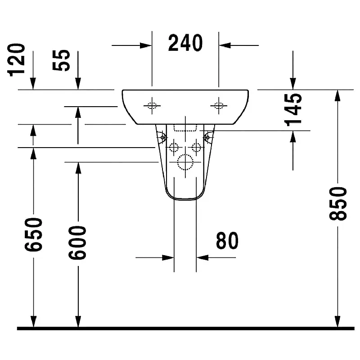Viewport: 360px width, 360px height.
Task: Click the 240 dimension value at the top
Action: [x=185, y=43]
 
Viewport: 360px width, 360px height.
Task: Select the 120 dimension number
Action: [x=16, y=60]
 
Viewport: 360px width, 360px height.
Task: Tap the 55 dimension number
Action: [x=61, y=60]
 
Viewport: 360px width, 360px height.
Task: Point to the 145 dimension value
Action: [x=293, y=109]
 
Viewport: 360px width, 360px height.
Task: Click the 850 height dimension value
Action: [x=338, y=204]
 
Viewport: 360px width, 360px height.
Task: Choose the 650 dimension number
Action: [x=33, y=234]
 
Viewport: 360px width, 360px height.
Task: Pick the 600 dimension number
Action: [x=77, y=243]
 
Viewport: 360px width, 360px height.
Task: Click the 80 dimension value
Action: [x=227, y=240]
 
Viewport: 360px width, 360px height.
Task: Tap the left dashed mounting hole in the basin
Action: [x=152, y=106]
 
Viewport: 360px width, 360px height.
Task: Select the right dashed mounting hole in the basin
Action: [x=219, y=106]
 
